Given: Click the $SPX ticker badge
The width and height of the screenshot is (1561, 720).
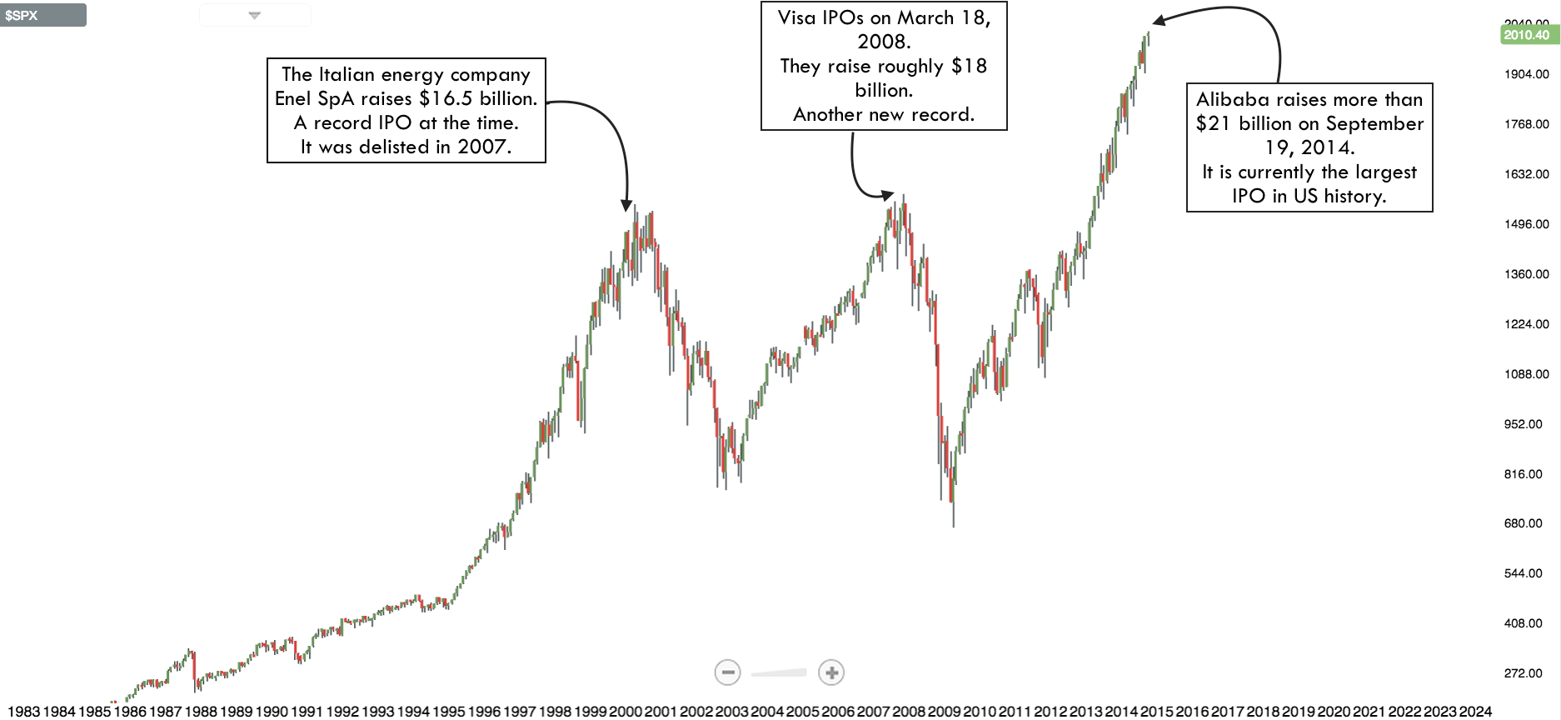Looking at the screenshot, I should click(x=42, y=15).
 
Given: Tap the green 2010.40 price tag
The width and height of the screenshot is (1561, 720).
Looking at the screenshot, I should click(x=1526, y=35).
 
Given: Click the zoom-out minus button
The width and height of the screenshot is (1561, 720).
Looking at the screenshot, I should click(x=727, y=672).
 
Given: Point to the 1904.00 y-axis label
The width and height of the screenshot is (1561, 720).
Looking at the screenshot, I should click(x=1526, y=74).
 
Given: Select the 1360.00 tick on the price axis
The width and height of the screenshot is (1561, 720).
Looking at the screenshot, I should click(x=1526, y=274).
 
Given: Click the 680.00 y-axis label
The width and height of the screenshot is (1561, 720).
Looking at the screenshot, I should click(x=1523, y=523).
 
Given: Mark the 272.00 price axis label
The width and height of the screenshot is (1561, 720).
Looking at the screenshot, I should click(x=1523, y=673).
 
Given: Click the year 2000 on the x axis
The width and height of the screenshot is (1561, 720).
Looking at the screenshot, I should click(x=625, y=712).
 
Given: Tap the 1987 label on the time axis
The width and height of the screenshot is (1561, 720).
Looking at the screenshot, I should click(x=165, y=712).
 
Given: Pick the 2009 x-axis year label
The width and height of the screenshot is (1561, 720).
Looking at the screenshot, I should click(x=944, y=712).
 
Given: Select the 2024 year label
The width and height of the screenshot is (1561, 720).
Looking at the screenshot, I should click(x=1475, y=712).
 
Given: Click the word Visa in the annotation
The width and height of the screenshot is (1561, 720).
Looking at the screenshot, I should click(x=796, y=18).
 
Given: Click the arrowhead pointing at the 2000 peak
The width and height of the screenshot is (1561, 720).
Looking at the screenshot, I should click(x=626, y=205).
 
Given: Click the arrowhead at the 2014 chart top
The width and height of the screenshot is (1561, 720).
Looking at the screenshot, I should click(x=1159, y=21).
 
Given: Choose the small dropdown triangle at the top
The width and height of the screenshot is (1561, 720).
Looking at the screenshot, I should click(x=255, y=15).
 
